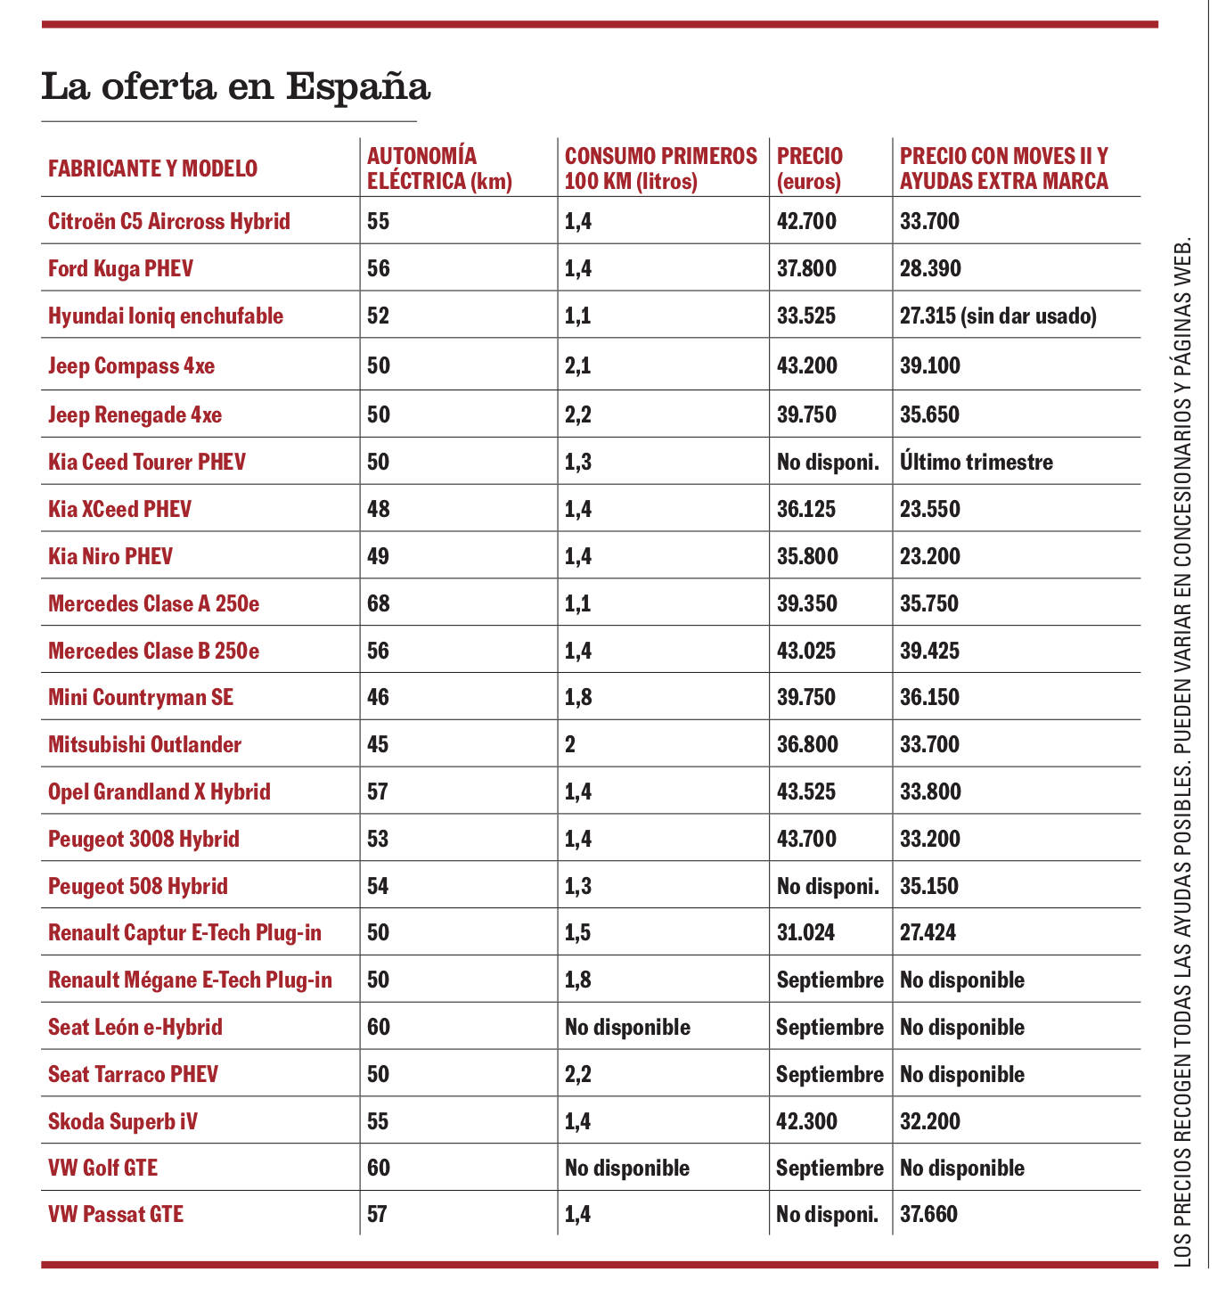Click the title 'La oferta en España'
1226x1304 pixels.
click(236, 87)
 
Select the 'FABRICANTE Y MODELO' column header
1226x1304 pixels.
click(152, 168)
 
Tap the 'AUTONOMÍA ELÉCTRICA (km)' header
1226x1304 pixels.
click(439, 168)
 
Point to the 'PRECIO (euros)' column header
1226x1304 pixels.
click(809, 168)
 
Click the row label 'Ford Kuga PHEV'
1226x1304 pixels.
click(120, 268)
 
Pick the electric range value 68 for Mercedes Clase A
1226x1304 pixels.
click(379, 603)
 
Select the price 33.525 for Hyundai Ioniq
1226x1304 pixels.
click(806, 316)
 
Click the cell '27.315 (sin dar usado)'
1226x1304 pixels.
click(998, 316)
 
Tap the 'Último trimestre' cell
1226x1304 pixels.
click(977, 462)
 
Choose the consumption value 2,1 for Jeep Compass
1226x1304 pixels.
click(578, 365)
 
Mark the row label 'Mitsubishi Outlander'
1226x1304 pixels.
click(144, 744)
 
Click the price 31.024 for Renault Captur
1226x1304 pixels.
click(806, 932)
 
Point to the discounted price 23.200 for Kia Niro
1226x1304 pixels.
click(930, 556)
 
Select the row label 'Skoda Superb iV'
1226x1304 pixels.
click(123, 1121)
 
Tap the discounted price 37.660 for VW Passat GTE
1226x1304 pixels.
click(928, 1214)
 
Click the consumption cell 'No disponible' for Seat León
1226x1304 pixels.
click(627, 1027)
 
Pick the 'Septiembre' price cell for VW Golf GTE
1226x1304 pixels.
click(830, 1168)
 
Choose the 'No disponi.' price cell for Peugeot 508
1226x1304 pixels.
click(828, 886)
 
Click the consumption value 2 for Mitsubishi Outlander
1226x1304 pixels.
click(570, 744)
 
